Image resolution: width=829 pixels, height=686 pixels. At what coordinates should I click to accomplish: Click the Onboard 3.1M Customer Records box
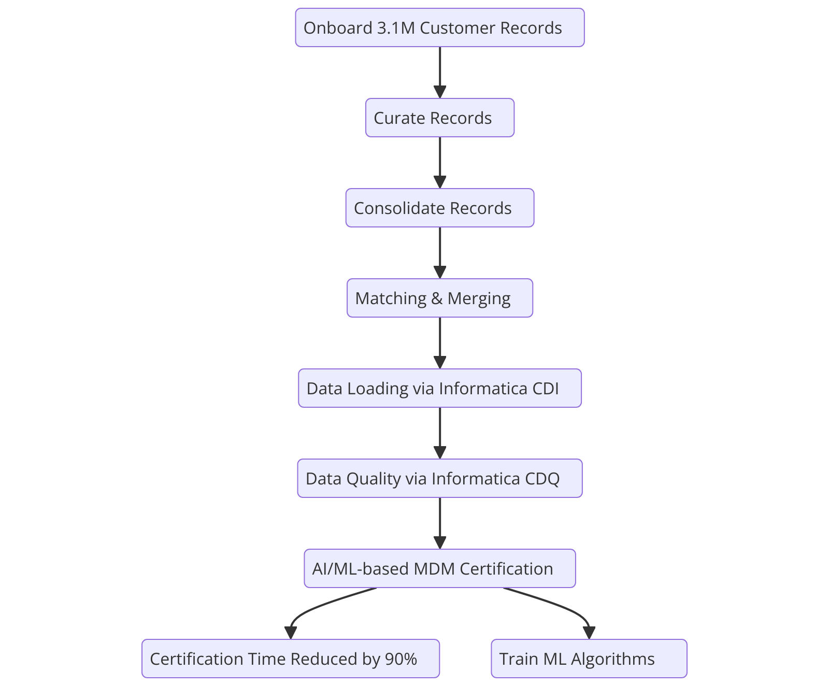pos(439,27)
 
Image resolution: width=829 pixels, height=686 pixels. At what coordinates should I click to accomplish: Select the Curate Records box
pos(439,118)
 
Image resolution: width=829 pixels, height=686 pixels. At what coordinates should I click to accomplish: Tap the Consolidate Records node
pos(439,208)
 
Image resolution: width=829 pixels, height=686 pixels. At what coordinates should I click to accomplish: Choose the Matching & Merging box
pos(439,298)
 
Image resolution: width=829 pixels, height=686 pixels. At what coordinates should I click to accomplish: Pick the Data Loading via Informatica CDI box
pos(439,388)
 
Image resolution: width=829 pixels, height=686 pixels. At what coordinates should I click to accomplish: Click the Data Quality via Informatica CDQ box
pos(439,478)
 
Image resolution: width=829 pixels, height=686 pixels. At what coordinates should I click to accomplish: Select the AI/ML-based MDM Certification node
pos(439,568)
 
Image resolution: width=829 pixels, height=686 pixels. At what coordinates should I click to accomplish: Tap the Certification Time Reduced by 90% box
pos(290,659)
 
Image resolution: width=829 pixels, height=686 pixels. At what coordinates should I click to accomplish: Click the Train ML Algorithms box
pos(589,659)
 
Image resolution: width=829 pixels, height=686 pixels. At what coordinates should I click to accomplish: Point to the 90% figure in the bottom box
pos(401,659)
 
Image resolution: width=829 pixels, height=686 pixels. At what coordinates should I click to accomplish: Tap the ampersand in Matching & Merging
pos(437,298)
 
